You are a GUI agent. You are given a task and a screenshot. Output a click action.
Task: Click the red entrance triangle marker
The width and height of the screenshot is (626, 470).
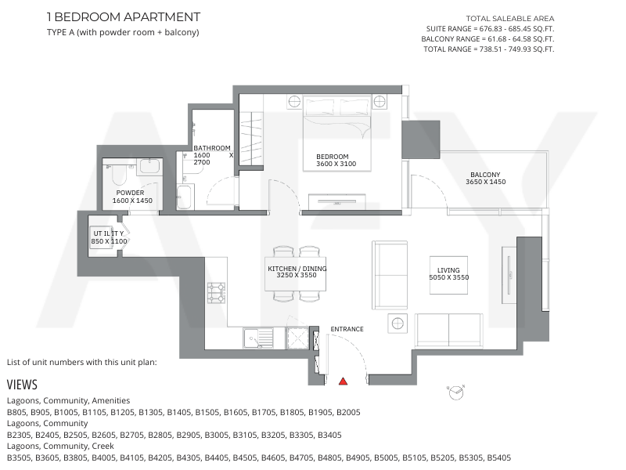[343, 381]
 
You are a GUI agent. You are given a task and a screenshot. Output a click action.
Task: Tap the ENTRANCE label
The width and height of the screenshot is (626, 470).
[347, 329]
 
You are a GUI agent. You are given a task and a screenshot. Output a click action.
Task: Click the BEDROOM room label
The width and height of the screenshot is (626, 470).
[332, 157]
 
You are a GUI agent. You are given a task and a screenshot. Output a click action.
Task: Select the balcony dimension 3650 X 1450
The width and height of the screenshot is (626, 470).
[485, 182]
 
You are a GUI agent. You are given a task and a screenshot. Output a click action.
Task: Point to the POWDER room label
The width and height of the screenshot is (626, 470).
[130, 193]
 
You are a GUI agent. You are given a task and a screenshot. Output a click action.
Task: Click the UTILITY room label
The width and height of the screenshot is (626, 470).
[109, 233]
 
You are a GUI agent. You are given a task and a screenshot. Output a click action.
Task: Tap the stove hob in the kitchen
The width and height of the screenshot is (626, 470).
[216, 293]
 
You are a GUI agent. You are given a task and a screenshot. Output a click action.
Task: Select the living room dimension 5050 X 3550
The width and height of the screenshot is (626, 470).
[448, 277]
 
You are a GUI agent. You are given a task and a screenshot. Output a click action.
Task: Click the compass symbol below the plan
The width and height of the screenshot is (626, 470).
[455, 392]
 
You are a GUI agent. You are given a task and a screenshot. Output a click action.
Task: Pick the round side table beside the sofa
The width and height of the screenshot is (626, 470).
[398, 324]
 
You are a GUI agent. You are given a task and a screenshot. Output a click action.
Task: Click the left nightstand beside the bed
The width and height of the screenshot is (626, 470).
[294, 102]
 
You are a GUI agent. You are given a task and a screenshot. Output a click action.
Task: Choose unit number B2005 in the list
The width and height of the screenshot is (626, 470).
[348, 412]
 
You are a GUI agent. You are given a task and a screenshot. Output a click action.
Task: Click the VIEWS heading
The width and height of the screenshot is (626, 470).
[22, 385]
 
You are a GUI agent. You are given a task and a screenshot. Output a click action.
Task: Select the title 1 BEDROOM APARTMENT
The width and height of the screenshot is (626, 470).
[124, 17]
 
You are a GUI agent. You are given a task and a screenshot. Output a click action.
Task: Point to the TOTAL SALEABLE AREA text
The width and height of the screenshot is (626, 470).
[510, 18]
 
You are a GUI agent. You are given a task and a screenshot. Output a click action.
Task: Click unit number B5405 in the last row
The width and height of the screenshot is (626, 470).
[498, 457]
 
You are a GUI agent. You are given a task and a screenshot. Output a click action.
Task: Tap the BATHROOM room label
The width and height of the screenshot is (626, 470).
[212, 148]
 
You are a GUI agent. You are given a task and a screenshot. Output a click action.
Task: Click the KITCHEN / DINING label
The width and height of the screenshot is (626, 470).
[297, 269]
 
